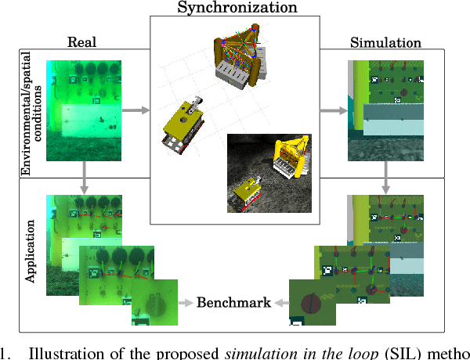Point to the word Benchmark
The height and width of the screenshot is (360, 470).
coord(233,302)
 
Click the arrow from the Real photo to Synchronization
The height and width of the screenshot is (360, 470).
coord(136,111)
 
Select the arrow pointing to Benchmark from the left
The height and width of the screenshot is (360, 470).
coord(185,302)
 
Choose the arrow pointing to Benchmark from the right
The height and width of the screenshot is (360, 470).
coord(281,302)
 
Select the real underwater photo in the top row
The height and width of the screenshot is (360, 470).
coord(83,110)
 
